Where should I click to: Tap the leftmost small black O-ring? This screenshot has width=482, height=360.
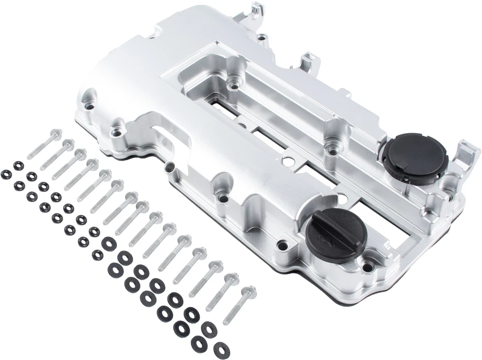[6, 174]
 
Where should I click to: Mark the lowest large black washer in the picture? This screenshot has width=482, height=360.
[221, 350]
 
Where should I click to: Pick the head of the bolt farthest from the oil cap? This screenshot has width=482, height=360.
[56, 134]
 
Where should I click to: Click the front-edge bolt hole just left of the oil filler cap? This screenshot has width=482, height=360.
[283, 247]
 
